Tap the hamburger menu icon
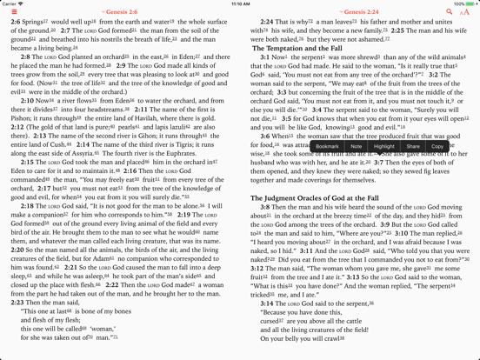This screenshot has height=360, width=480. coord(14,12)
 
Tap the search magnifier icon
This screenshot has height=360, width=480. coord(450,12)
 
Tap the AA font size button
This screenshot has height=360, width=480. coord(464,12)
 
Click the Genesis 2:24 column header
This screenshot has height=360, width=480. coord(359,12)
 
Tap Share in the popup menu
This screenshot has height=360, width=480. coord(413,146)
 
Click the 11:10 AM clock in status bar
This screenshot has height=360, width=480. coord(240,3)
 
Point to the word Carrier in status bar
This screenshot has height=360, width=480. coord(11,3)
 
